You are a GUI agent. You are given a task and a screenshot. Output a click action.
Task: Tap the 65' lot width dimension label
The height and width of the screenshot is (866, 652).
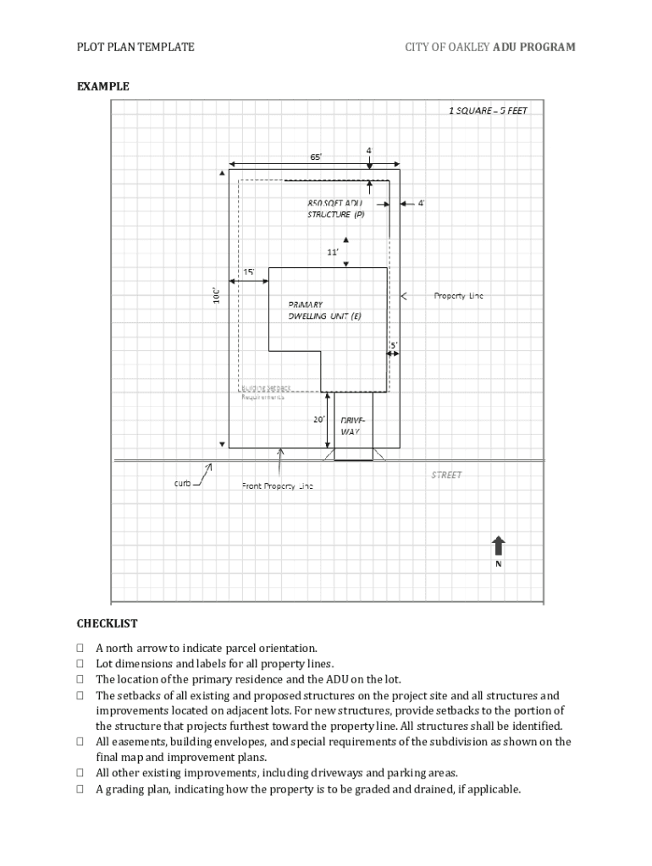point(316,156)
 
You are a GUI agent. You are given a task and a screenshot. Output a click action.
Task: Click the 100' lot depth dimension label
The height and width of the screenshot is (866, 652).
point(217,295)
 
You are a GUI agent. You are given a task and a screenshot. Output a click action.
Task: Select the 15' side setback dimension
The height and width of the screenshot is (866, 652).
point(249,272)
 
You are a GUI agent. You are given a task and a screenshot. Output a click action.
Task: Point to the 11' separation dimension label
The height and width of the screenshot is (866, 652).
point(333,252)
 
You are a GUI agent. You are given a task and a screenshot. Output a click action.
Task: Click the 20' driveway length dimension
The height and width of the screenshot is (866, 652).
point(319,419)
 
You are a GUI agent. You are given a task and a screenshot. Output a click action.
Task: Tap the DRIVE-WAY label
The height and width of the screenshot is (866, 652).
point(351,425)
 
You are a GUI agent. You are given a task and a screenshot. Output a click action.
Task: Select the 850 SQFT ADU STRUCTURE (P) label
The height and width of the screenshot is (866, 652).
point(335,209)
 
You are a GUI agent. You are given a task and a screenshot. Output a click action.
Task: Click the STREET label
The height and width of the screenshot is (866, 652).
point(446,475)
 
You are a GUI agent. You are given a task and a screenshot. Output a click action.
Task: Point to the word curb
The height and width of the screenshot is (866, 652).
point(182,483)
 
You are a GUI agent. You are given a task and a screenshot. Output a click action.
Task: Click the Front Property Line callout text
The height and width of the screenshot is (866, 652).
point(278,486)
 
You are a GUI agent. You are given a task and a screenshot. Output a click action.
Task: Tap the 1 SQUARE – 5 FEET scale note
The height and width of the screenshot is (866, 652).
point(488,111)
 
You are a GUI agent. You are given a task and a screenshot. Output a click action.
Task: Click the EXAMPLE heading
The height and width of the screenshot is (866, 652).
point(103,86)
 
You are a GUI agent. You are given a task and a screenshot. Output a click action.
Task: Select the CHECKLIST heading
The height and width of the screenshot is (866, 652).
point(108,623)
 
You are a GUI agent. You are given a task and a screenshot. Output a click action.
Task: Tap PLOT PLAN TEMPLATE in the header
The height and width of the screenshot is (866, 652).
point(135,47)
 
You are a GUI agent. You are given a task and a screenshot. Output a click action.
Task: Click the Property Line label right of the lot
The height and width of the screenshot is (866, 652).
point(458,296)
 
